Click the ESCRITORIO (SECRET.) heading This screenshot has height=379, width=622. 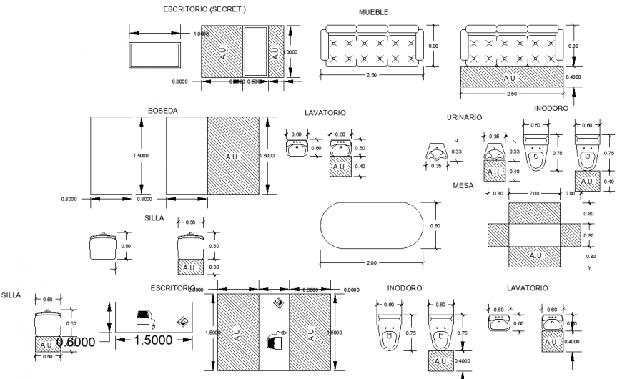point(204,9)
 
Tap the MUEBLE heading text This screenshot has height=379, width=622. point(372,13)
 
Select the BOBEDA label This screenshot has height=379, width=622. point(162,111)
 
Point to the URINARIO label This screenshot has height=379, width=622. point(464,117)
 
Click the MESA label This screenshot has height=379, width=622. point(463,185)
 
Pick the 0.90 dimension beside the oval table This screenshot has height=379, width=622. point(435,226)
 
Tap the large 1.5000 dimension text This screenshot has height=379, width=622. point(154,340)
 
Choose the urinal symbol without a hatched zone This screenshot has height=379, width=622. point(435,151)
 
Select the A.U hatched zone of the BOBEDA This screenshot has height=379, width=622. point(233,156)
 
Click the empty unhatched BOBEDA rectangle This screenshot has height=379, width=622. point(111,156)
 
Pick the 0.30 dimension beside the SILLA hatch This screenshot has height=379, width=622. point(214,267)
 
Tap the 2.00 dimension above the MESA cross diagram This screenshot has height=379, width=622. point(534,193)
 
